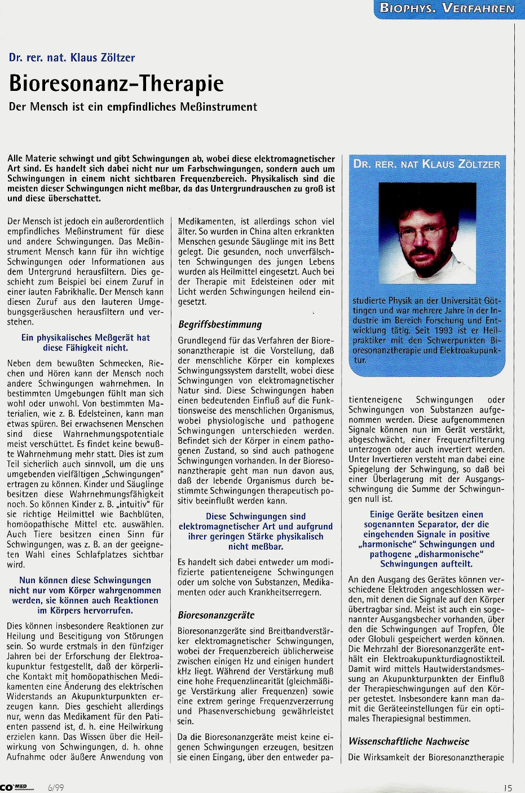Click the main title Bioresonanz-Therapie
pyautogui.click(x=116, y=84)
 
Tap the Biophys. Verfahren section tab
pyautogui.click(x=447, y=8)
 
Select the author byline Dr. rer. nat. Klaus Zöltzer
pyautogui.click(x=72, y=58)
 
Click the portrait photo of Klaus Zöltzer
pyautogui.click(x=426, y=234)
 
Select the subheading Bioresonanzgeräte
pyautogui.click(x=216, y=615)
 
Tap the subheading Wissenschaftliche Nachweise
pyautogui.click(x=408, y=742)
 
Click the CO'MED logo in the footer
pyautogui.click(x=17, y=787)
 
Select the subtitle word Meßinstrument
pyautogui.click(x=217, y=107)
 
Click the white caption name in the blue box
pyautogui.click(x=426, y=164)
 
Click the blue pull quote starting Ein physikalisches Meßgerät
pyautogui.click(x=86, y=343)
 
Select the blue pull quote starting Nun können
pyautogui.click(x=85, y=595)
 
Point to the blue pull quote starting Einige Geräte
pyautogui.click(x=426, y=539)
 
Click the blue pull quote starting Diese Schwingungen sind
pyautogui.click(x=255, y=531)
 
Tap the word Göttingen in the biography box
pyautogui.click(x=492, y=301)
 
